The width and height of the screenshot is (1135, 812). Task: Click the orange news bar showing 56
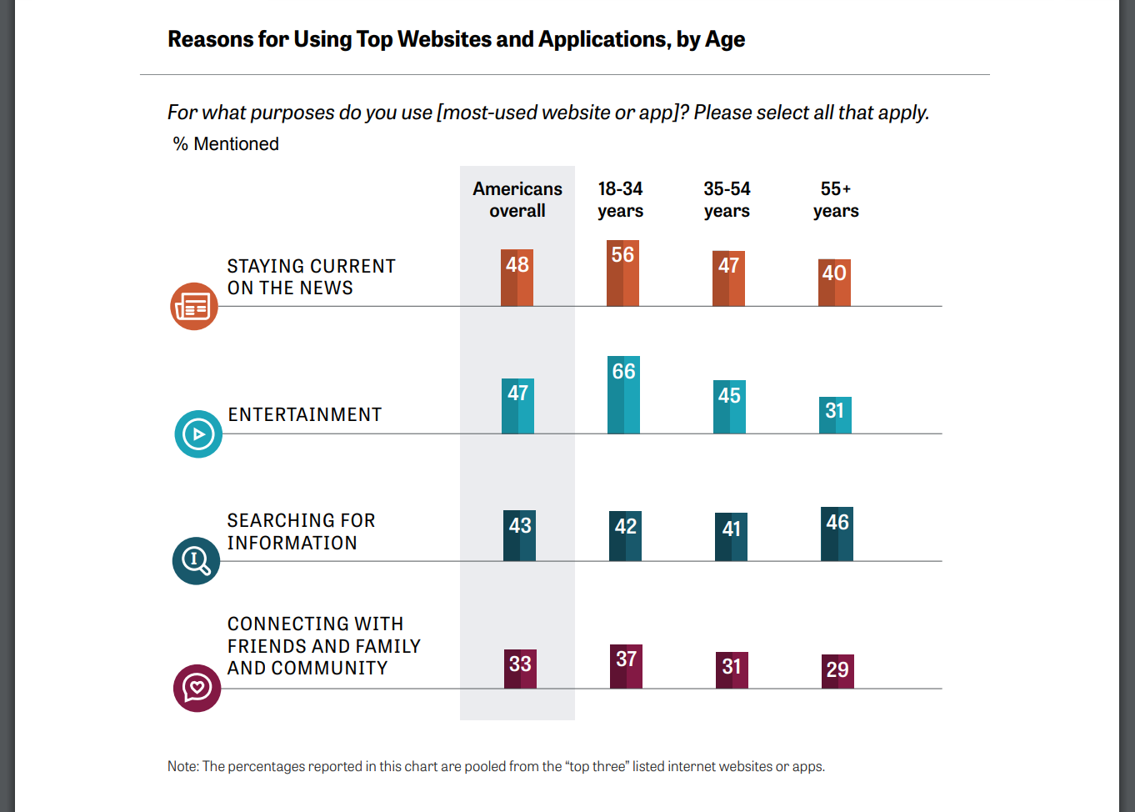tap(622, 273)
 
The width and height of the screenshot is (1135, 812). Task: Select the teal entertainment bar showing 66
tap(623, 395)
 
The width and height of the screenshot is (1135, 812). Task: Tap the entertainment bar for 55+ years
tap(835, 415)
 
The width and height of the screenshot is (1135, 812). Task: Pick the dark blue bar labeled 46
tap(837, 534)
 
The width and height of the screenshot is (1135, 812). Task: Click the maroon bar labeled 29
tap(837, 671)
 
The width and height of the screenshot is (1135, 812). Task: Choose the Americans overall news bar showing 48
tap(517, 278)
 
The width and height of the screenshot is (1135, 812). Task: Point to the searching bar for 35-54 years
tap(731, 537)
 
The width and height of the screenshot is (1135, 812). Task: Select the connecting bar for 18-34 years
tap(626, 666)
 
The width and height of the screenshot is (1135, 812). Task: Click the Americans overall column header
tap(517, 200)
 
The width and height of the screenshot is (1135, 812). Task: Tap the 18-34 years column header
tap(621, 200)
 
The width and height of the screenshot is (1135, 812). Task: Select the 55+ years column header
tap(836, 200)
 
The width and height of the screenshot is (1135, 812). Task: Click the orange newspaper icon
tap(194, 307)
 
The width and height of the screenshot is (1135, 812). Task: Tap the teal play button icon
tap(198, 434)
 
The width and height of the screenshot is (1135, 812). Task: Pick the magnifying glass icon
tap(196, 560)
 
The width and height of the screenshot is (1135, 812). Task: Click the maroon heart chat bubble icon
tap(197, 688)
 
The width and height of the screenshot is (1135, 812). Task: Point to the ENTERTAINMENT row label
tap(305, 415)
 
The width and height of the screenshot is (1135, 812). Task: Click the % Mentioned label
tap(226, 144)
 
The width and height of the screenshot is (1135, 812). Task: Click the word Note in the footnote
tap(182, 766)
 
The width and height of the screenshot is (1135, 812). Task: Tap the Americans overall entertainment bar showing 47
tap(517, 406)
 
